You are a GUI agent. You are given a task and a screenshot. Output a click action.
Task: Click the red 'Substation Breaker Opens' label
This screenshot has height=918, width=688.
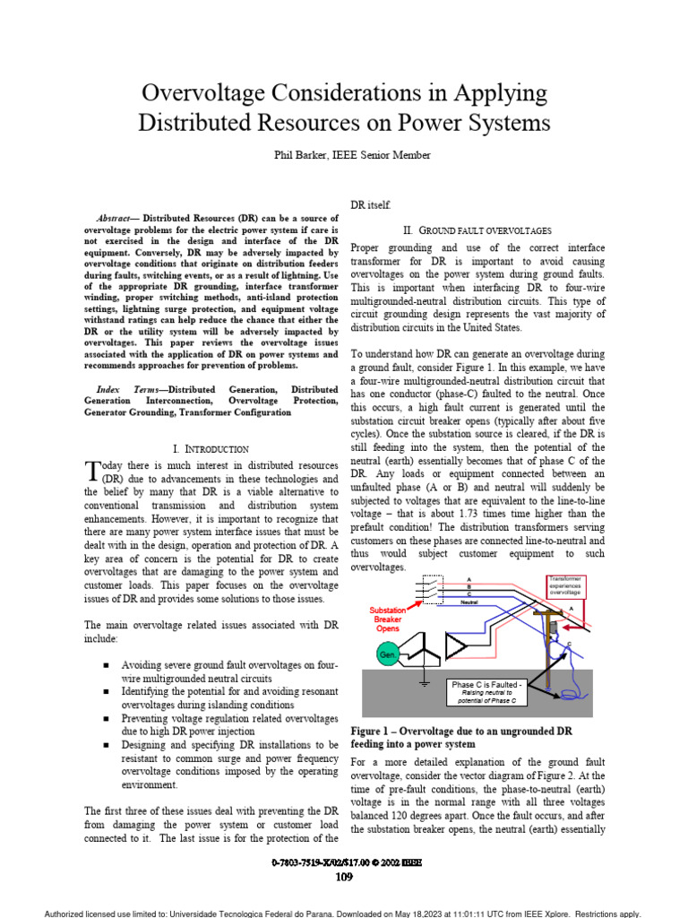tap(388, 619)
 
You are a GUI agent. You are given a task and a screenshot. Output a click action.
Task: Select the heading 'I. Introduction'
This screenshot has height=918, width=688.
tap(210, 447)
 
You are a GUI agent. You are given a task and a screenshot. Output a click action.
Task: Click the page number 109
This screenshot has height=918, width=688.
tap(344, 878)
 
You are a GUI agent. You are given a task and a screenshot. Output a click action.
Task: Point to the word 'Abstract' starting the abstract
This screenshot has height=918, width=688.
tap(116, 218)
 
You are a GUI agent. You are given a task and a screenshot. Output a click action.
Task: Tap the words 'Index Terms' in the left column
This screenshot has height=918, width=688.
tap(125, 389)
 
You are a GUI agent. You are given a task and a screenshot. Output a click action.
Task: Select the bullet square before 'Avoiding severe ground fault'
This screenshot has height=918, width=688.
tap(106, 666)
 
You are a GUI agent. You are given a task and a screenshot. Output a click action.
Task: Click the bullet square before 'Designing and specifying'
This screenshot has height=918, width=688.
tap(106, 745)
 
